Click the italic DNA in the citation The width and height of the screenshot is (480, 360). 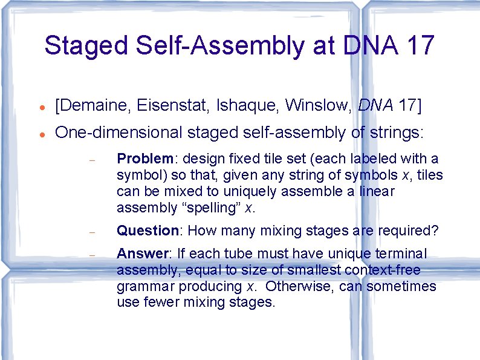(x=375, y=106)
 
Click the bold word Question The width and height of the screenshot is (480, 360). (x=148, y=231)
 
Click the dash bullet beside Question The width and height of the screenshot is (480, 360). (x=92, y=232)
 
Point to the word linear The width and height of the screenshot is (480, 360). (x=376, y=192)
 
